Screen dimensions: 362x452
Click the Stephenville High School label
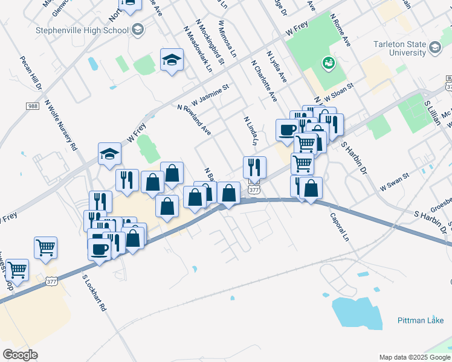(82, 30)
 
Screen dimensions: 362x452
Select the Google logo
(21, 354)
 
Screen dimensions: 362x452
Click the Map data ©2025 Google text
(414, 357)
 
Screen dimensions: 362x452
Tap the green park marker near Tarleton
(329, 62)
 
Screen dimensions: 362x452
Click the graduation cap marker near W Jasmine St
(172, 60)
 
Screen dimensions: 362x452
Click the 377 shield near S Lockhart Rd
(51, 281)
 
